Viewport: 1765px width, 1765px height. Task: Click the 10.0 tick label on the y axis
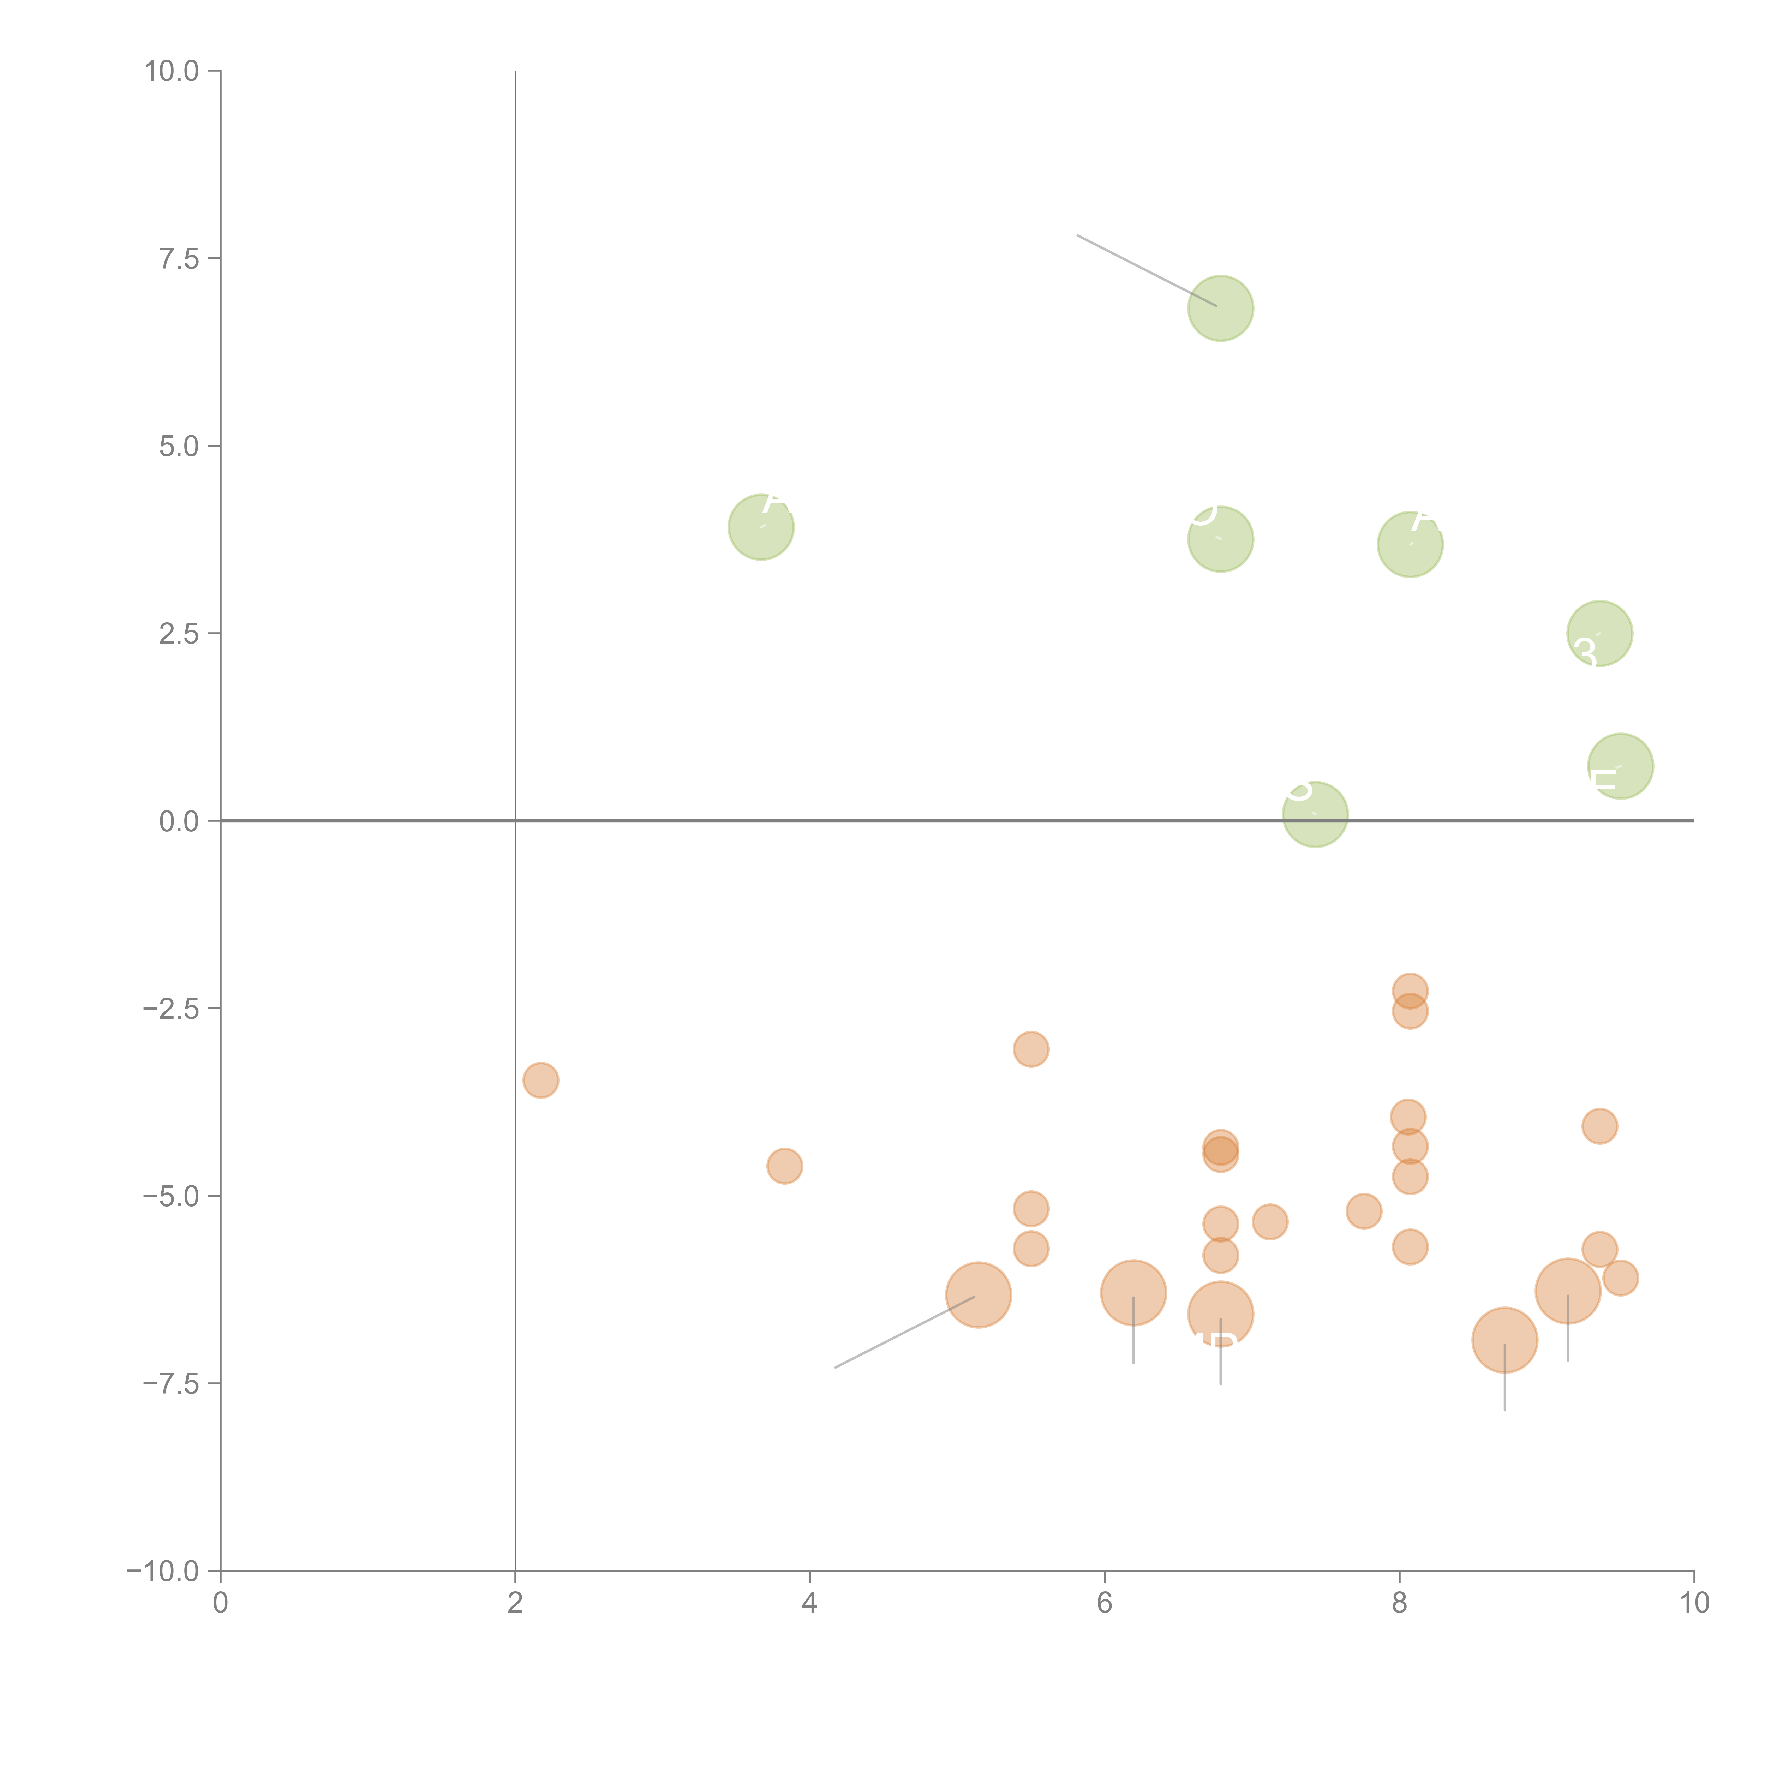[x=172, y=71]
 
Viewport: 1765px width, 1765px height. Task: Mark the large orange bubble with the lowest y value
[x=1504, y=1340]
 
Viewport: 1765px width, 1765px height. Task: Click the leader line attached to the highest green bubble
[x=1147, y=270]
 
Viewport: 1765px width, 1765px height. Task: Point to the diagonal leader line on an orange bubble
[x=904, y=1332]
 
